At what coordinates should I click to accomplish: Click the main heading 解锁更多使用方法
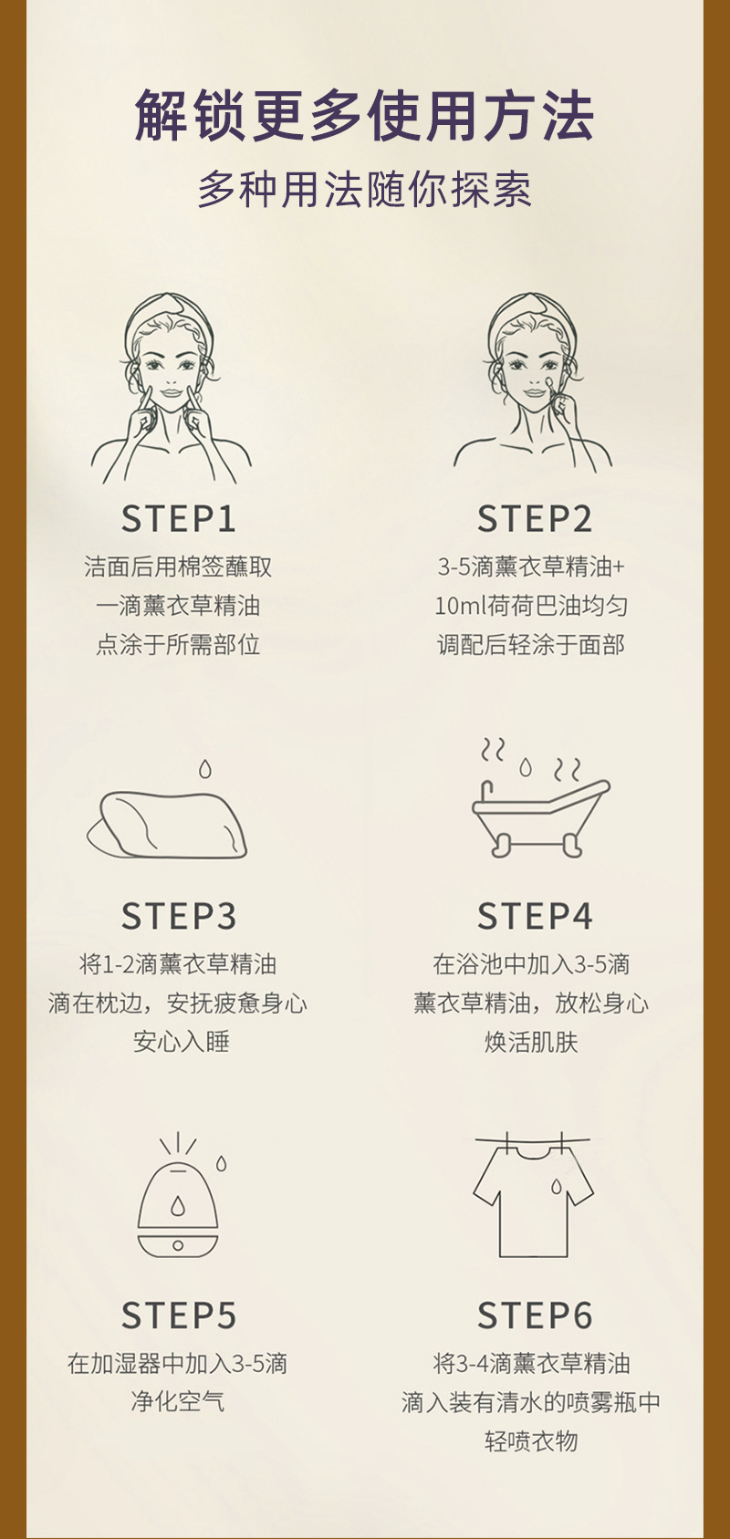[x=364, y=116]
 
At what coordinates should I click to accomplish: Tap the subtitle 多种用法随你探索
[x=364, y=190]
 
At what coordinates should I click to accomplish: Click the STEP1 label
[x=179, y=519]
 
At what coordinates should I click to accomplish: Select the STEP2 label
[x=535, y=519]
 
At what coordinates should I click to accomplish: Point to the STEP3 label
[x=179, y=916]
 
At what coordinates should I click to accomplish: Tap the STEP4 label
[x=535, y=916]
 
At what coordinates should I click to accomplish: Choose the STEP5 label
[x=179, y=1315]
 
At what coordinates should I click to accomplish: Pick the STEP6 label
[x=535, y=1315]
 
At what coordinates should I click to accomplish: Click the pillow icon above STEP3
[x=167, y=825]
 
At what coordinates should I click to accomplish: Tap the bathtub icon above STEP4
[x=539, y=817]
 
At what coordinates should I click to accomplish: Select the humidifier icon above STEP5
[x=178, y=1211]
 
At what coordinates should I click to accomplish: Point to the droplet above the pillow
[x=204, y=769]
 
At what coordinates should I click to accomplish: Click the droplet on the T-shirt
[x=556, y=1187]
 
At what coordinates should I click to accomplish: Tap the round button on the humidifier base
[x=178, y=1245]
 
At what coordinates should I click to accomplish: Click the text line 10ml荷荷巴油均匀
[x=531, y=606]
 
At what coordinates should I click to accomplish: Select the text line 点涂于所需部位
[x=178, y=644]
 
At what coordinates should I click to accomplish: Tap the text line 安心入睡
[x=182, y=1042]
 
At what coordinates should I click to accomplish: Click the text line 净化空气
[x=178, y=1401]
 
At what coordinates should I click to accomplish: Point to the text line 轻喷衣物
[x=531, y=1440]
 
